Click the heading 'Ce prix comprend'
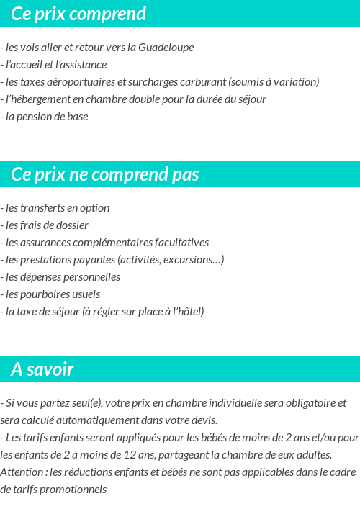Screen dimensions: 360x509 [78, 14]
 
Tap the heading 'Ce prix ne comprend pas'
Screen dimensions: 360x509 [105, 175]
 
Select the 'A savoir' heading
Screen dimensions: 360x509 [42, 369]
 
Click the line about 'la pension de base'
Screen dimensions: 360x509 [46, 116]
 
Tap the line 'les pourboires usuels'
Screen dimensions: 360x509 [53, 294]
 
